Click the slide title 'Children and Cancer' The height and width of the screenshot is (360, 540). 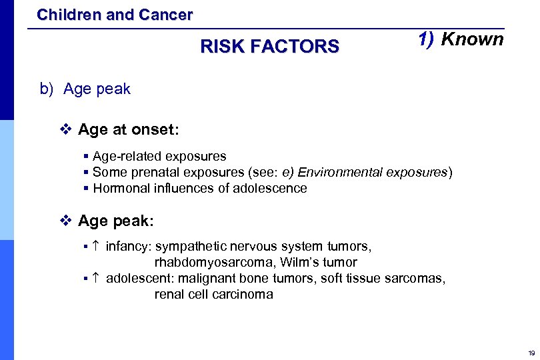115,14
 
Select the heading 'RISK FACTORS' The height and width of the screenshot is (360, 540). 269,47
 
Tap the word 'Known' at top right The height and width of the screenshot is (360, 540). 472,39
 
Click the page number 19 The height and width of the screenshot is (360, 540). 531,353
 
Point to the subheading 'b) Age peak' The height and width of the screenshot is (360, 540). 85,89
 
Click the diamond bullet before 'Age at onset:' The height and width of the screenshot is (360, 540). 65,129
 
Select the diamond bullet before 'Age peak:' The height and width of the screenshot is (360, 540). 65,220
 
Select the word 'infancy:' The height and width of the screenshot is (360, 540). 129,247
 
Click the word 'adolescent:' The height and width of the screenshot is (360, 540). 138,278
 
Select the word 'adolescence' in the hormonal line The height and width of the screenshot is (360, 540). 270,188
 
